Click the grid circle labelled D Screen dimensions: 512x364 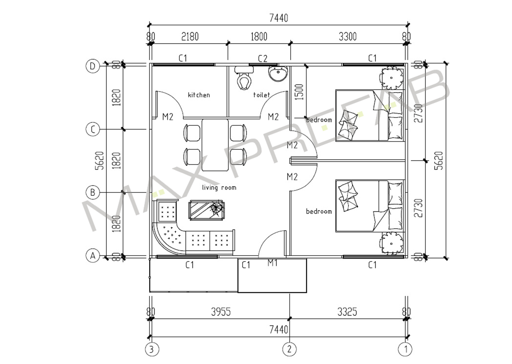92,66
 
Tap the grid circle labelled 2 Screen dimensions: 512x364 289,349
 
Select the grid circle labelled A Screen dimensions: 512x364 92,256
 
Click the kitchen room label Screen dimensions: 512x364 199,95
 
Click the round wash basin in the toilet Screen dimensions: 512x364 278,73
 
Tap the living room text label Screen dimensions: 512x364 219,188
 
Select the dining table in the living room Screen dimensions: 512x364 215,145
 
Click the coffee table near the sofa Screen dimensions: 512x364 206,210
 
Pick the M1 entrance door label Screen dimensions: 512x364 272,263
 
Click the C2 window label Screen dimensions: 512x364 262,59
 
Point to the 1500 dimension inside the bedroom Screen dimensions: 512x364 299,92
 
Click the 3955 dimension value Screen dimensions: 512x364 221,312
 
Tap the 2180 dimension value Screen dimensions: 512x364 190,36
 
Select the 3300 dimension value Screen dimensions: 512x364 348,36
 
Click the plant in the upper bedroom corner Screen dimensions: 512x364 391,78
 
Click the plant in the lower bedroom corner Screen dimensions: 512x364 391,243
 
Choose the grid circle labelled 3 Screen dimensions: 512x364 152,349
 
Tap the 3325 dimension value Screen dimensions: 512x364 347,312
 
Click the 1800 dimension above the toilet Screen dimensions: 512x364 259,36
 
